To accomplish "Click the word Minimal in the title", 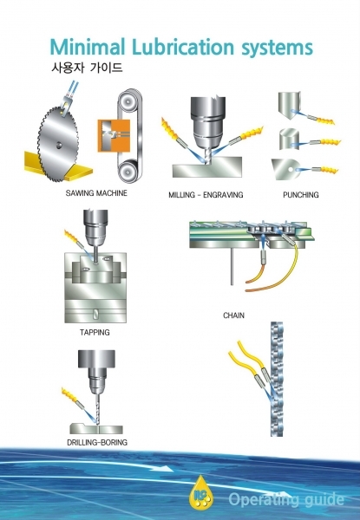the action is tap(88, 47).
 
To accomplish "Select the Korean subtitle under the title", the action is tap(87, 68).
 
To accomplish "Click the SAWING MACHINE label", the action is tap(96, 193).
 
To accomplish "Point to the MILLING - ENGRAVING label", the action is tap(206, 195).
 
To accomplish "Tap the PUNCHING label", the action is tap(301, 195).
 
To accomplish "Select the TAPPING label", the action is tap(95, 332).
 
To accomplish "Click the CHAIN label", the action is tap(233, 315).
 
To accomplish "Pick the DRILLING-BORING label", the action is tap(97, 442).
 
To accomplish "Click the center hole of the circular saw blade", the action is tap(59, 145).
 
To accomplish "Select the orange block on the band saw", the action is tap(114, 136).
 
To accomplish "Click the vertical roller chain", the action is tap(277, 379).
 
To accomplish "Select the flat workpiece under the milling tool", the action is tap(207, 167).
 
